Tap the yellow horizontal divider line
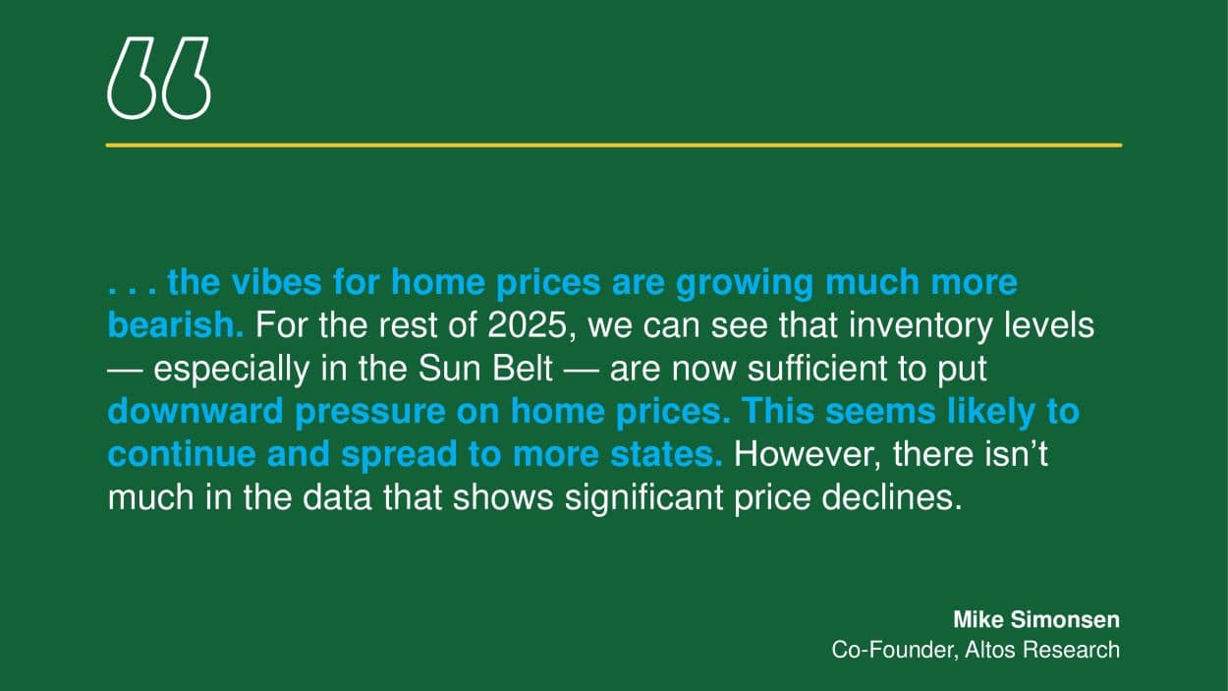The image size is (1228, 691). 614,145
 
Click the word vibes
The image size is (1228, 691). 276,282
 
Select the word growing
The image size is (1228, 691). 744,284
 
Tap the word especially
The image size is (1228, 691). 231,370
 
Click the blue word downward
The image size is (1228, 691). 195,411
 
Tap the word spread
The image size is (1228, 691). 399,456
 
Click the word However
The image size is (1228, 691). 807,455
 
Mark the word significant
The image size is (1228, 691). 643,499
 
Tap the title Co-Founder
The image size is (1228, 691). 895,650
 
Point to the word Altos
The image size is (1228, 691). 990,650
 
